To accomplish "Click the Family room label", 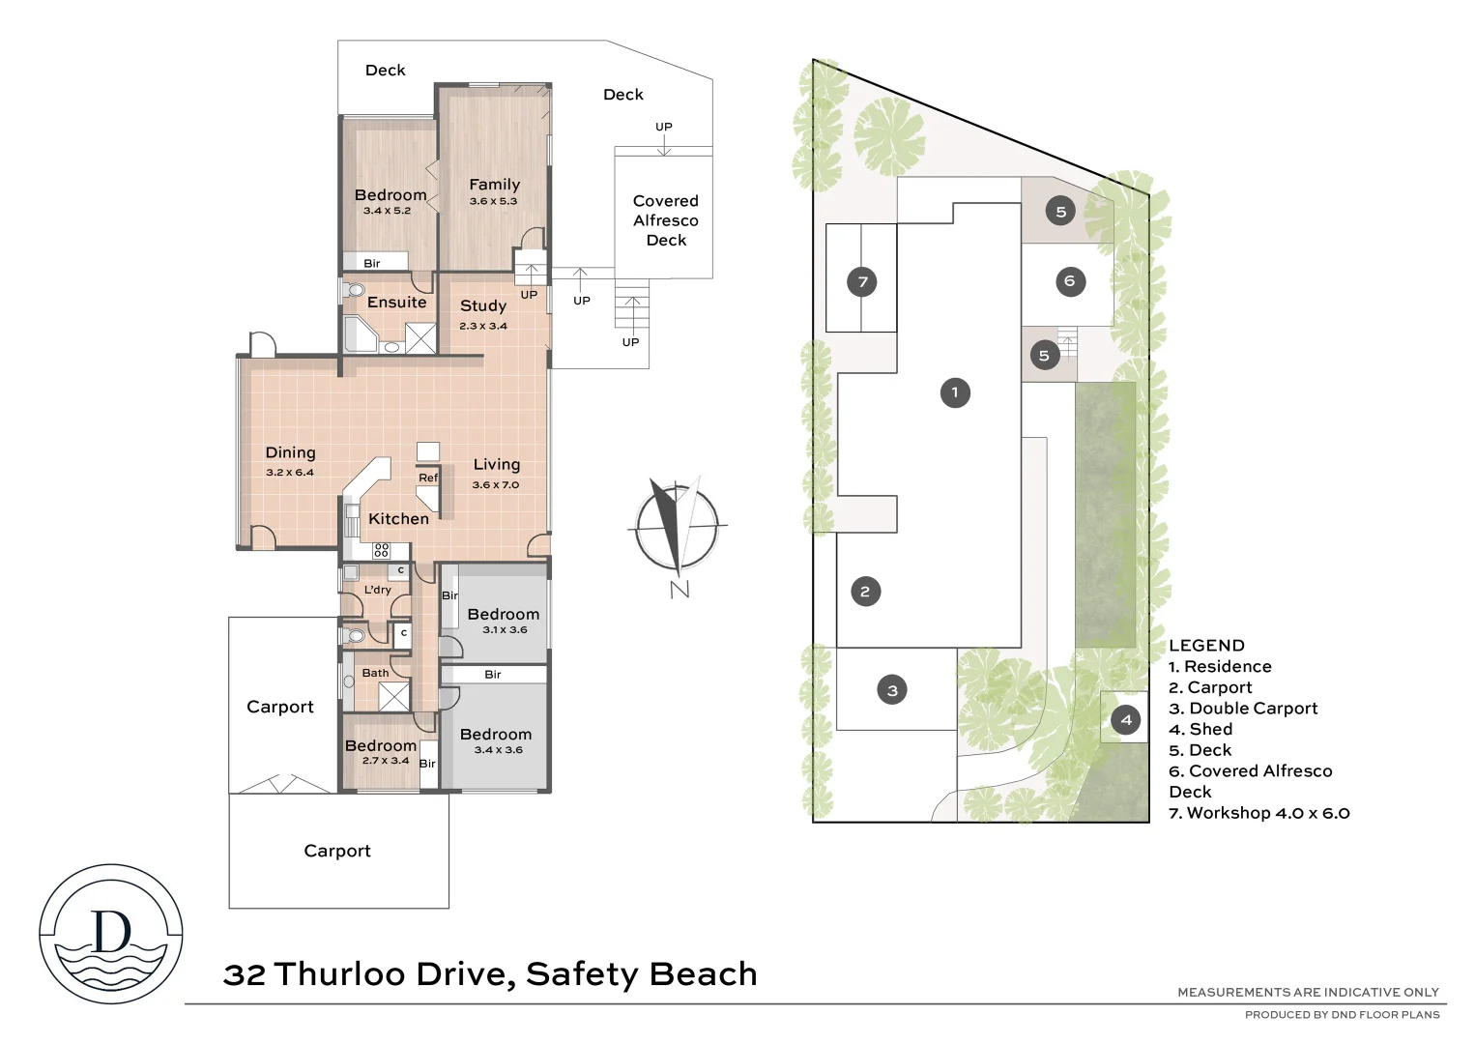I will [x=494, y=185].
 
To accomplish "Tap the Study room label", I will [x=483, y=305].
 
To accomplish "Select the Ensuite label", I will [x=396, y=303].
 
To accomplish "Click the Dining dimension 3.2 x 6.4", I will [x=290, y=473].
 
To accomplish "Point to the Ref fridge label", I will [x=428, y=478].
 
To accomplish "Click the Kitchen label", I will [x=398, y=519].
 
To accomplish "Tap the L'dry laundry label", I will [x=377, y=590].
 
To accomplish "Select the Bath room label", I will [x=375, y=673].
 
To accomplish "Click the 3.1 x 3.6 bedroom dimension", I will [x=505, y=630].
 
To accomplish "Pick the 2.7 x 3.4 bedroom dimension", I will [x=385, y=761].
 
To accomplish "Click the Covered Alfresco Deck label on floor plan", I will [x=665, y=220].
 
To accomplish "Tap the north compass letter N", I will [x=680, y=589].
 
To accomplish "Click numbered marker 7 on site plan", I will [x=862, y=282].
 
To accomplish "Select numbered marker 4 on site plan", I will [x=1125, y=719].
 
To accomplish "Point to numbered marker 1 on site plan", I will [x=955, y=392].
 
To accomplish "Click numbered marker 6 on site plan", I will [x=1069, y=281].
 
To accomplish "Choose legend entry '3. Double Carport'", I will [x=1243, y=709].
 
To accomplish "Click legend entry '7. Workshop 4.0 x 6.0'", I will [x=1258, y=813].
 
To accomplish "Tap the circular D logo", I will [x=111, y=933].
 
